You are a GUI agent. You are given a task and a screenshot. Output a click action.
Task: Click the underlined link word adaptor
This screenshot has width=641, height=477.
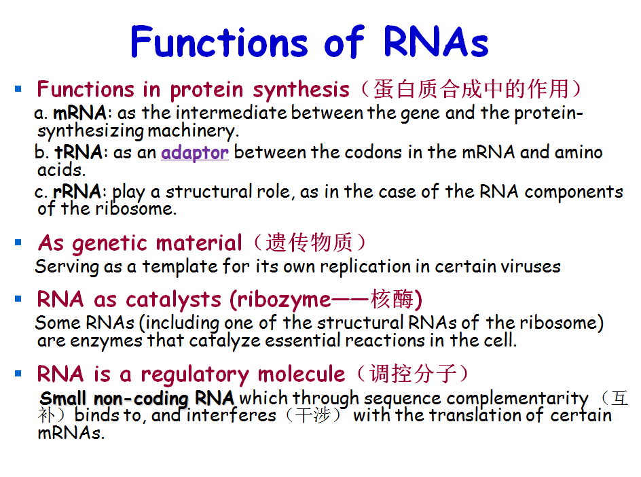coord(195,153)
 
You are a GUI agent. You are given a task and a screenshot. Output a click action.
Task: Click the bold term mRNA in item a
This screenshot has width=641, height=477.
coord(79,113)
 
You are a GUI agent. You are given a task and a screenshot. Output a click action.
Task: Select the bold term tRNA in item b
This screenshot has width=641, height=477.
coord(79,152)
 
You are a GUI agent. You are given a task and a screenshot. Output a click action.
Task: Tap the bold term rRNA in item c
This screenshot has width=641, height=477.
coord(77,192)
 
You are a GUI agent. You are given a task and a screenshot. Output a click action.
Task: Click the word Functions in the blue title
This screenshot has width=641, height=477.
coord(219,41)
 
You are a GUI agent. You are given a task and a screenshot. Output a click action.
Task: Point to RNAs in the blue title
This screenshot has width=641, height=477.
coord(436,41)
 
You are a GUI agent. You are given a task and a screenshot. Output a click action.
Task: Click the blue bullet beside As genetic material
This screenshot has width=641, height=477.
coord(18,243)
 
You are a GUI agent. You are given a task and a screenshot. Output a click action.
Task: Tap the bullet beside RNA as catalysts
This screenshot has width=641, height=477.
coord(18,299)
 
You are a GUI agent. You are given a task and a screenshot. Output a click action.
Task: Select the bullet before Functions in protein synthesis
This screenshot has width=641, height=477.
coord(18,88)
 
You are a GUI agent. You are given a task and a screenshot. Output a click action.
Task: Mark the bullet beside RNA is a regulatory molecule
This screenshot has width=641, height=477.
coord(18,374)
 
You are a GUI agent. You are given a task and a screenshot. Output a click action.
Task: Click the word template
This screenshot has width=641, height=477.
coord(180,267)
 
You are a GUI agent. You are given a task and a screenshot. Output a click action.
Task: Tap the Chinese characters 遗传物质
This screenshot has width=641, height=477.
coord(309,243)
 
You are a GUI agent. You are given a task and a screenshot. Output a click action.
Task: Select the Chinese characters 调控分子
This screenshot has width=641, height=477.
coord(413,374)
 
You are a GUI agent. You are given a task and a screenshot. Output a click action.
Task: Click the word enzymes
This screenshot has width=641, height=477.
coord(107,341)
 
